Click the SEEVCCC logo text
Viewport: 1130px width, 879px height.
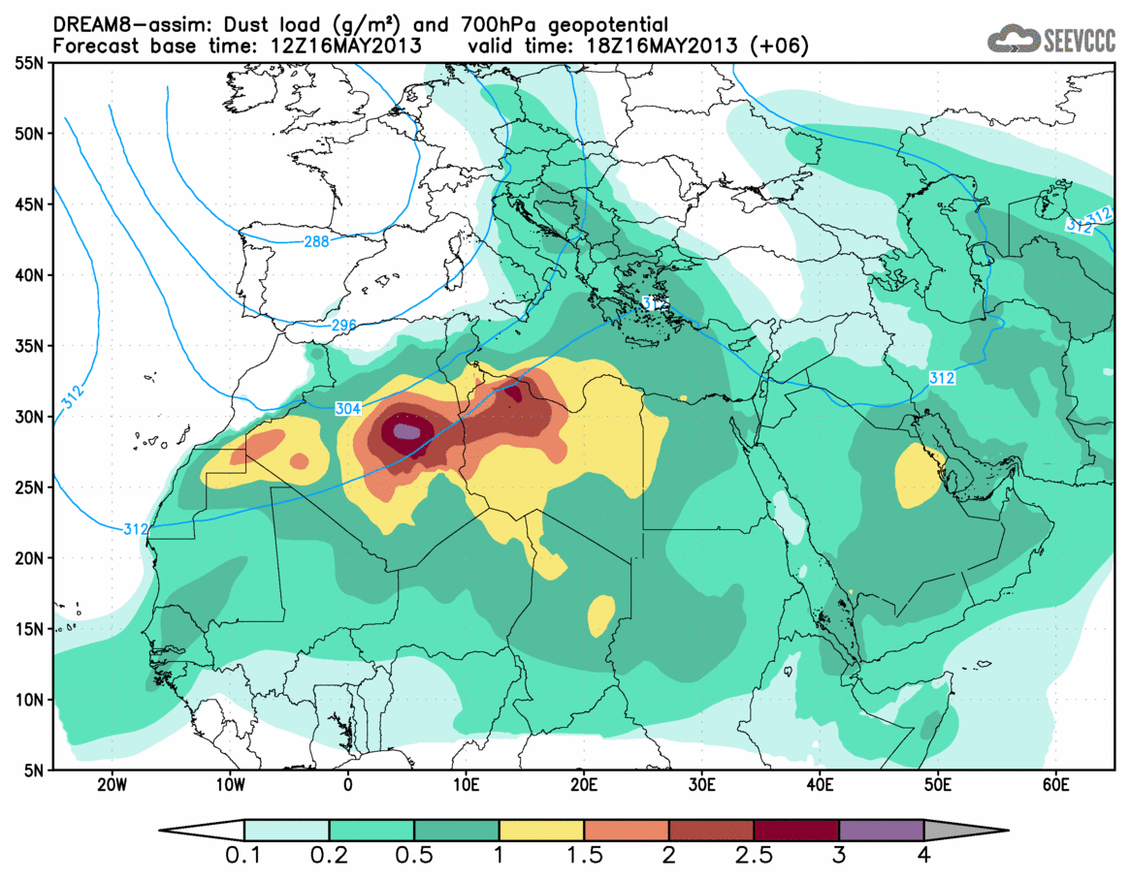[1078, 40]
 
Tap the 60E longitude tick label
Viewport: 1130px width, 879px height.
[1055, 783]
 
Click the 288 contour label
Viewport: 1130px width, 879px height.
[316, 241]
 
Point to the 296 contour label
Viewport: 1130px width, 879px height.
[342, 326]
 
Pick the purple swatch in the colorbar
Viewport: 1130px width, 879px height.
[881, 830]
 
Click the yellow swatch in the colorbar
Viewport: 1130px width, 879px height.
[541, 830]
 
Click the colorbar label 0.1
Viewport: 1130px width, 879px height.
[244, 856]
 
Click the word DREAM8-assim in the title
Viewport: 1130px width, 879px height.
[117, 23]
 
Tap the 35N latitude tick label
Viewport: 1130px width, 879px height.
[31, 346]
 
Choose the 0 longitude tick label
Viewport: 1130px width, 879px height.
[348, 783]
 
